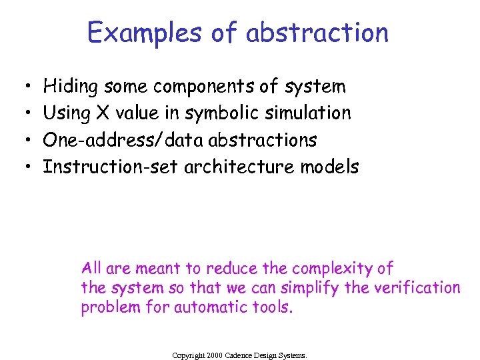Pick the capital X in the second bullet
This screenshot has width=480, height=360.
click(102, 113)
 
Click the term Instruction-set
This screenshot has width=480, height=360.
click(111, 167)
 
